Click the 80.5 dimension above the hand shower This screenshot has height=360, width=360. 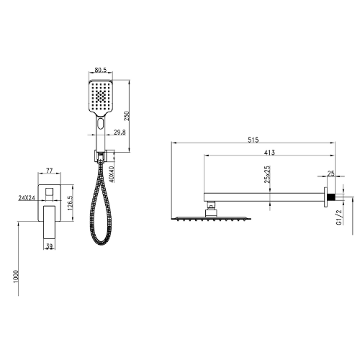(x=100, y=70)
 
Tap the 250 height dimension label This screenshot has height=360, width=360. (x=127, y=116)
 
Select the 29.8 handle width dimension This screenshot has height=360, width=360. (x=120, y=132)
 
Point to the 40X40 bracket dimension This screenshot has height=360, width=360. (x=112, y=174)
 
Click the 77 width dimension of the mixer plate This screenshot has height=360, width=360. (x=49, y=171)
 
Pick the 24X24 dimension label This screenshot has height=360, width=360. (x=27, y=198)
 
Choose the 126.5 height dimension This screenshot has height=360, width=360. (x=70, y=203)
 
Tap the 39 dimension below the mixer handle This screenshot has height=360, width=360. (x=49, y=246)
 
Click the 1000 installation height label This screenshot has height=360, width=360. (x=16, y=276)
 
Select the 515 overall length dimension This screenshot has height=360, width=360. (x=253, y=140)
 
